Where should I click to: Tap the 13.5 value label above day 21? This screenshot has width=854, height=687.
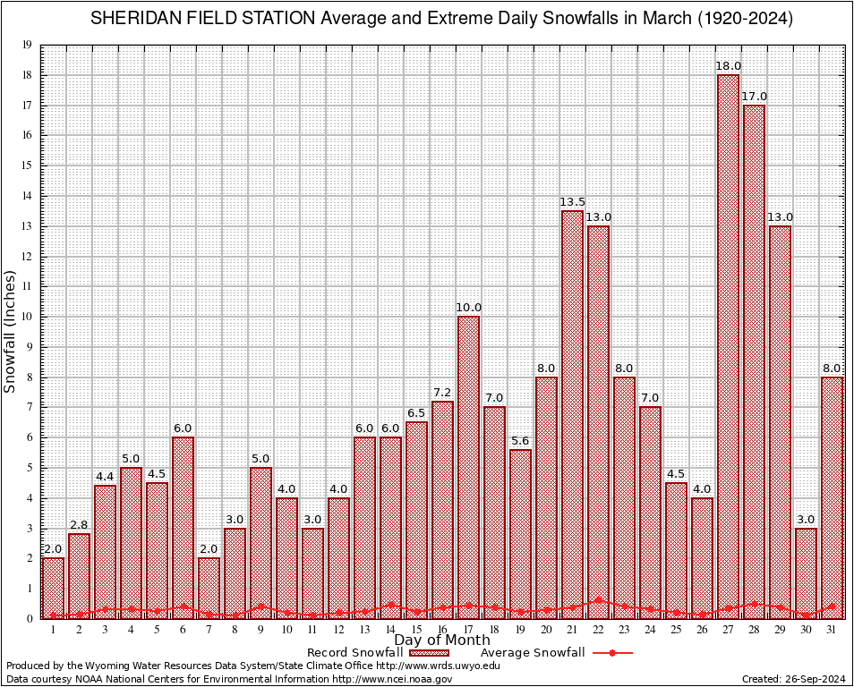[x=572, y=202]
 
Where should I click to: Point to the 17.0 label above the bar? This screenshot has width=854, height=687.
[x=754, y=97]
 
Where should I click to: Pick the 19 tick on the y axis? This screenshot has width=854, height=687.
[x=28, y=45]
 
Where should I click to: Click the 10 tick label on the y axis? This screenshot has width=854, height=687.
[x=28, y=317]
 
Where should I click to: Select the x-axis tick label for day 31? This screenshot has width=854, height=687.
[x=832, y=630]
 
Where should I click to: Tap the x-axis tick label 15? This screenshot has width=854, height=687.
[x=416, y=630]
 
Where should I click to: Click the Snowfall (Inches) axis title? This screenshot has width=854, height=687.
[x=11, y=332]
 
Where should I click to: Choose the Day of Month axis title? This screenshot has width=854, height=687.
[x=441, y=640]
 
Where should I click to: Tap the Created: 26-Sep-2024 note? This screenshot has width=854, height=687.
[x=794, y=680]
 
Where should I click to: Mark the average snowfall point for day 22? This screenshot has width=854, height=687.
[x=598, y=601]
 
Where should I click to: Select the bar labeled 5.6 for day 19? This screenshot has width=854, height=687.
[x=520, y=534]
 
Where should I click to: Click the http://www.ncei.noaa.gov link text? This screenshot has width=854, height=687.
[x=393, y=680]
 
